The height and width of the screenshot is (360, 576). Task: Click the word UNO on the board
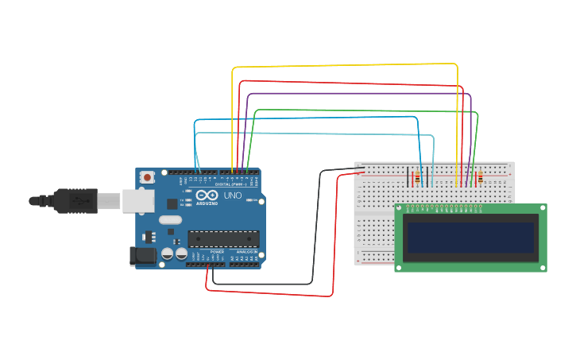point(233,195)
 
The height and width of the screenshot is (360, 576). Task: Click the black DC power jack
point(141,255)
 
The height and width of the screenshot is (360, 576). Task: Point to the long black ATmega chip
point(223,238)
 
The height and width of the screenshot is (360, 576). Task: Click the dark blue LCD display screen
point(470,236)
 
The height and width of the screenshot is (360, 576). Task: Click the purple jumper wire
point(358,94)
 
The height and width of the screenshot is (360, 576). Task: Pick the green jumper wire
point(365,110)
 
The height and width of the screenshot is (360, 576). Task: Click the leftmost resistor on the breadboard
point(418,177)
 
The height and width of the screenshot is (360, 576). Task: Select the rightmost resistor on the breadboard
point(480,177)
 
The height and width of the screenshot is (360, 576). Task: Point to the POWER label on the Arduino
point(217,251)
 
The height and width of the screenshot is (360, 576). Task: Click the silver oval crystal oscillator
point(170,220)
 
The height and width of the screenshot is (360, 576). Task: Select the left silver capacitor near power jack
point(168,254)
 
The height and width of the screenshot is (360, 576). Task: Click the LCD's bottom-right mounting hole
point(543,267)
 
